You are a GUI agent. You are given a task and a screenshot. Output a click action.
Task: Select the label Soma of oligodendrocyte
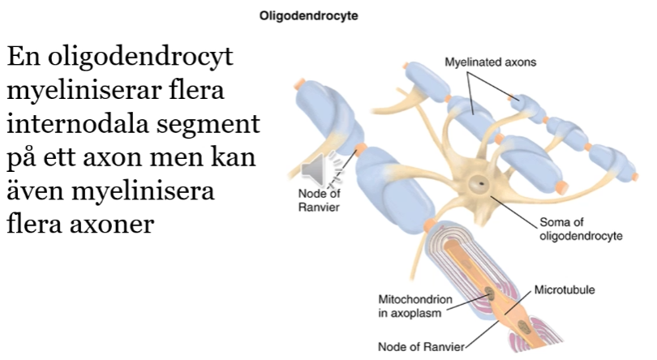tap(581, 229)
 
